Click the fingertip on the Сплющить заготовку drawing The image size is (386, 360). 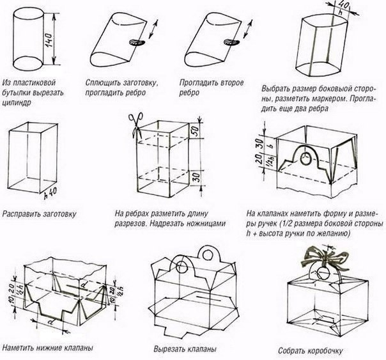135,43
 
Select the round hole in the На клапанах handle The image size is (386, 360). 307,153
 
